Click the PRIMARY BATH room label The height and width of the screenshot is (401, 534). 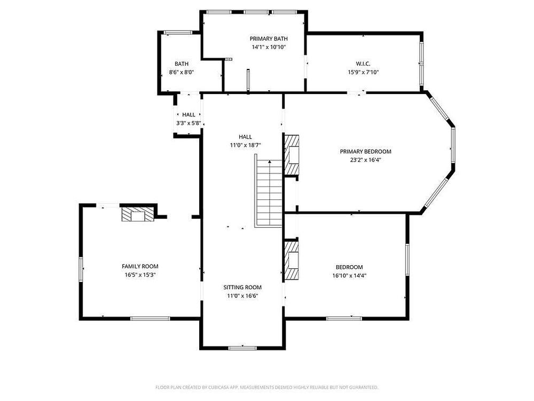pos(269,39)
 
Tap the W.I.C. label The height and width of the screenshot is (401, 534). pos(363,64)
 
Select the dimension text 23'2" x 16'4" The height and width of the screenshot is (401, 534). pos(365,159)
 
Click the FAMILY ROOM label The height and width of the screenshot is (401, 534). pos(140,266)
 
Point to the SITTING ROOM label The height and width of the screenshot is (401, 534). pos(242,288)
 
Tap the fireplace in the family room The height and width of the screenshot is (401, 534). pos(138,214)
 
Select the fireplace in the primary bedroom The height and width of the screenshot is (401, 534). pos(292,155)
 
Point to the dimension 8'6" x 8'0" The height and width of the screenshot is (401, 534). pos(182,72)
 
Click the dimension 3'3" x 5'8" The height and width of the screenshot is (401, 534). pos(189,123)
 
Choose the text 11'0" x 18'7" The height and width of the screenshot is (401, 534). pos(245,145)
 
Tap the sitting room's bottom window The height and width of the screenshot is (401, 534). pos(242,348)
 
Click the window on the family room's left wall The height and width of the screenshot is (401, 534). pos(81,269)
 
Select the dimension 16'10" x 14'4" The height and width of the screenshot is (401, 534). pos(349,275)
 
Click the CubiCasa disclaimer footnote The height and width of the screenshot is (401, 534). pos(267,387)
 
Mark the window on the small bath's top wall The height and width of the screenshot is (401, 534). pos(178,33)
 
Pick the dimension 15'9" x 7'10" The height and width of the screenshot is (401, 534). pos(363,72)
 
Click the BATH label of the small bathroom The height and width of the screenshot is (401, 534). pos(182,64)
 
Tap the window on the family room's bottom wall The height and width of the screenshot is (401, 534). pos(150,319)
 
